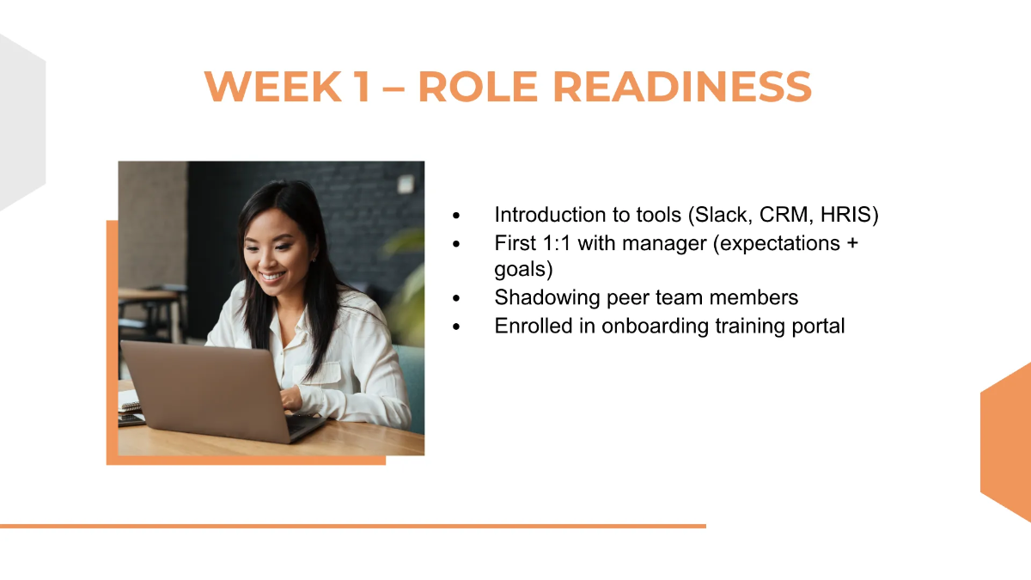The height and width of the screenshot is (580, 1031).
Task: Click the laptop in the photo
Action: coord(206,387)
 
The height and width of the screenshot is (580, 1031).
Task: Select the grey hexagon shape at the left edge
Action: coord(19,120)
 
